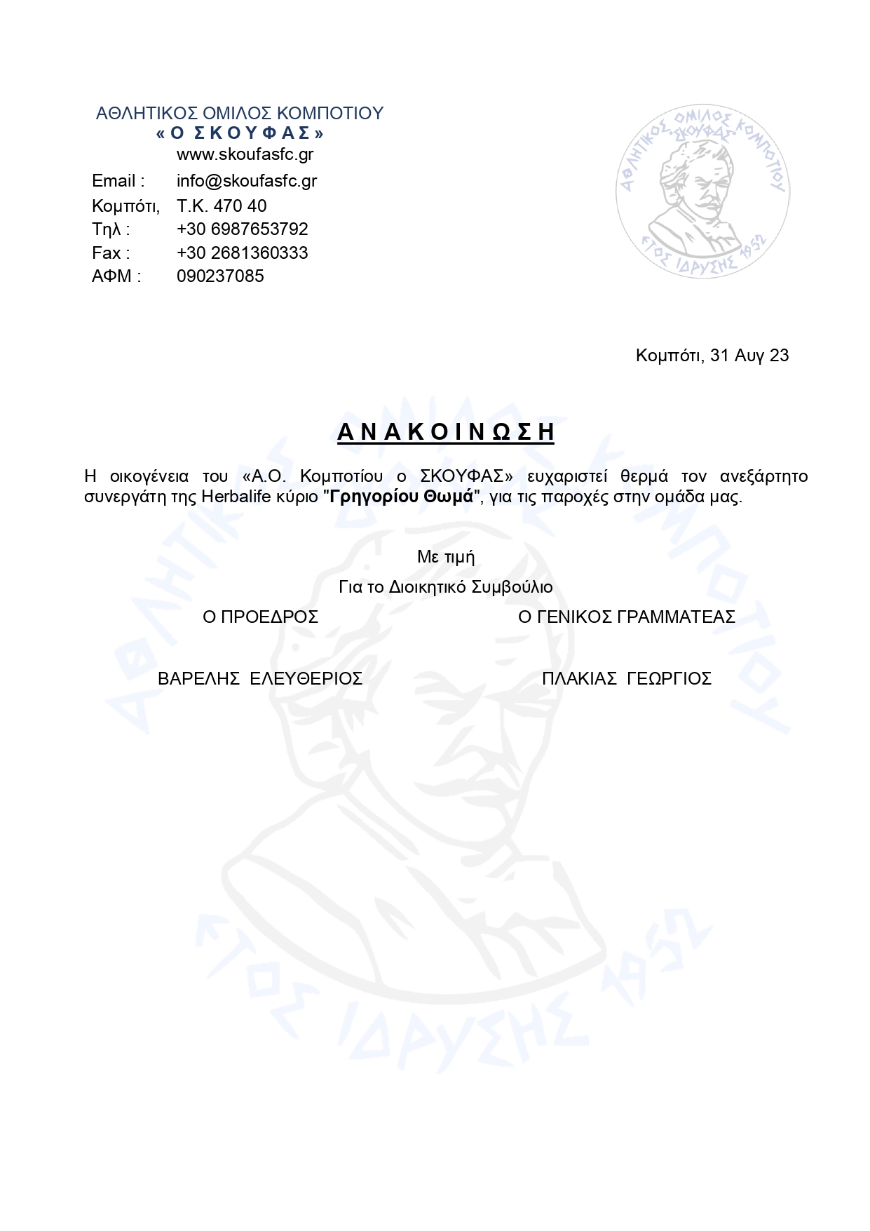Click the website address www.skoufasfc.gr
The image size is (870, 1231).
click(245, 154)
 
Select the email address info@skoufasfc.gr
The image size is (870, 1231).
click(246, 181)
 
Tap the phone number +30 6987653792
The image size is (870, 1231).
click(242, 229)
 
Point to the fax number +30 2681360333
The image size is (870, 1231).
click(242, 253)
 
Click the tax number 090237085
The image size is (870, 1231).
click(220, 276)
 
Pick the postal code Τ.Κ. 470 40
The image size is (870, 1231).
click(222, 206)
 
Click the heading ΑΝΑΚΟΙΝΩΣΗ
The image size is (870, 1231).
click(445, 432)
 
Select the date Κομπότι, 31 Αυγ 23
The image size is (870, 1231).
click(712, 356)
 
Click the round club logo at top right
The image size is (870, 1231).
click(702, 191)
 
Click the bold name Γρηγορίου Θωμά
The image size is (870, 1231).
click(402, 497)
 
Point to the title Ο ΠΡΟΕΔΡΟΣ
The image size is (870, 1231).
click(260, 617)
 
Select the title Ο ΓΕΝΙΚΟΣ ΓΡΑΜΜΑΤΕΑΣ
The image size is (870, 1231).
click(626, 617)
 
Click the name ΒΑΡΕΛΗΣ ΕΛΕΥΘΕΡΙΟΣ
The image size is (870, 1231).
click(259, 679)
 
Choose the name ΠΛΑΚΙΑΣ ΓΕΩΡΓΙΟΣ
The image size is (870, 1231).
click(626, 679)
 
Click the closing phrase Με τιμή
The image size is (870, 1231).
click(446, 557)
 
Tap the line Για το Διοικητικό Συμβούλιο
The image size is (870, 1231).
click(446, 587)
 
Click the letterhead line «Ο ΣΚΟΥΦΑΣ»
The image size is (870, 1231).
click(240, 133)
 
